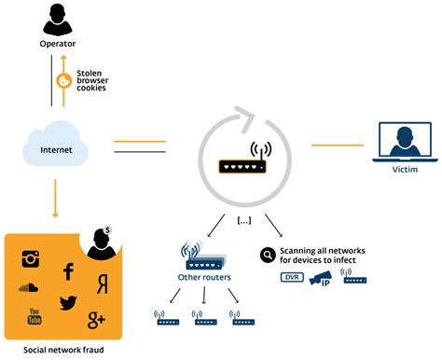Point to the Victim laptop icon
point(405,143)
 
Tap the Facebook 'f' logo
point(68,271)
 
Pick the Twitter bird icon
point(68,302)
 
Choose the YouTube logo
point(35,318)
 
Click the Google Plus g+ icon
point(96,321)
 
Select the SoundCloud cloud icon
point(31,289)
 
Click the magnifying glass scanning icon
point(268,253)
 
